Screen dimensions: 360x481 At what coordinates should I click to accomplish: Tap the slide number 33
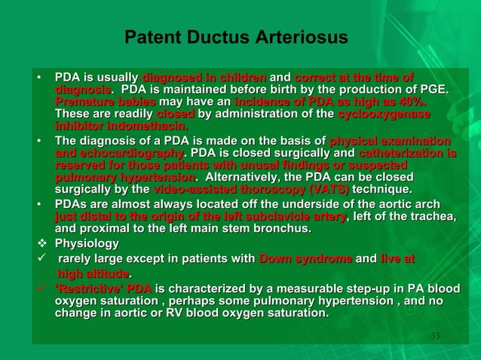click(434, 334)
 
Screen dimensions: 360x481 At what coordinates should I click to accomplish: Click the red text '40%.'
click(423, 102)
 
